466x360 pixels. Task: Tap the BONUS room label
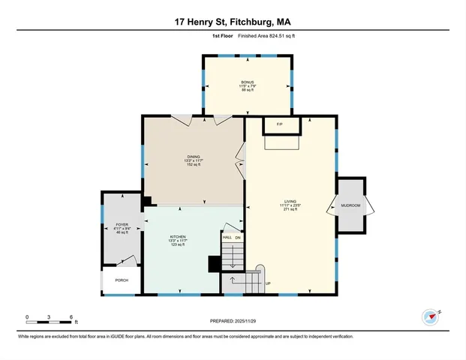247,82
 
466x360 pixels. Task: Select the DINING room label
194,156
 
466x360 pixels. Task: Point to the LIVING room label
290,200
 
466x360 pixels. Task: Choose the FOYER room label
122,224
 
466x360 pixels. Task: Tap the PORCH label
122,280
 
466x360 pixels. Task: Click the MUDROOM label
350,205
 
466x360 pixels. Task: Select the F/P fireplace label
279,124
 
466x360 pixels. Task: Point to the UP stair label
268,283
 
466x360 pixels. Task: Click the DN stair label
238,238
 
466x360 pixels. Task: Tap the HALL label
227,238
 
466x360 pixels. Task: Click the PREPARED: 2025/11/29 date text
233,321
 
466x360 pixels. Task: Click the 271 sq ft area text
290,210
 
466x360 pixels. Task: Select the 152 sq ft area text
194,165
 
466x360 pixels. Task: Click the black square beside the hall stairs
214,263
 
